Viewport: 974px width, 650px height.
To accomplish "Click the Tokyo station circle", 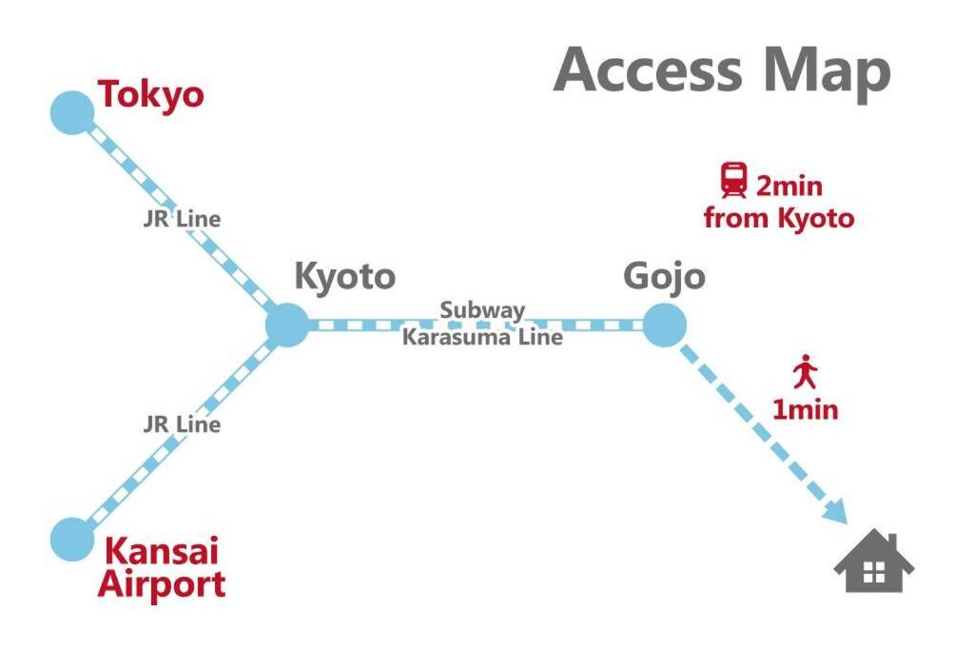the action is click(72, 112).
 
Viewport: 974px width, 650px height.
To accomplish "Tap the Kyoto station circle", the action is click(287, 325).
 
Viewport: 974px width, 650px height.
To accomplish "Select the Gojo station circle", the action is click(664, 325).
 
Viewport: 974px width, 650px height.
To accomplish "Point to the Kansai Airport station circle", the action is click(72, 540).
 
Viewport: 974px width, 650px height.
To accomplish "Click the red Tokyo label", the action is click(151, 96).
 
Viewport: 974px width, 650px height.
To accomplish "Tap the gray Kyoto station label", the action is click(344, 277).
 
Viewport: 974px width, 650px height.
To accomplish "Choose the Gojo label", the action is click(664, 277).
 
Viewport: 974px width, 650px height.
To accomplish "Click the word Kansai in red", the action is click(162, 550).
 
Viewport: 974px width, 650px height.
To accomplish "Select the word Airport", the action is click(162, 584).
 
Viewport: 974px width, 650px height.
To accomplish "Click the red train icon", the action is click(733, 180).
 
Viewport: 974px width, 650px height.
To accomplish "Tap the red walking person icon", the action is click(805, 371).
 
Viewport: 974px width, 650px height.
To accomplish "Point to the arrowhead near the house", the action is click(836, 512).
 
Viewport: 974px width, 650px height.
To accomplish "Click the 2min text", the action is click(789, 187).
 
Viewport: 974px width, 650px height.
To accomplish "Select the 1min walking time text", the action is click(805, 409).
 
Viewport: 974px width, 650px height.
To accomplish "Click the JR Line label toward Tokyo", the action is click(182, 219).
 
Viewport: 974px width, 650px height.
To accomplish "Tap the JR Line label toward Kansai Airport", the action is click(182, 424).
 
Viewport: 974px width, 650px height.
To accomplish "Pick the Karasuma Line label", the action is click(482, 338).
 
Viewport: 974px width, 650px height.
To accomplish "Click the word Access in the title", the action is click(647, 70).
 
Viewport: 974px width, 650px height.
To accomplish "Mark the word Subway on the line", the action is click(482, 310).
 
